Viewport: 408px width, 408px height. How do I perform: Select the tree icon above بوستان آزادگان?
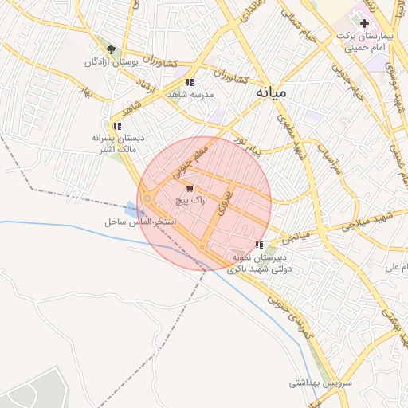111,49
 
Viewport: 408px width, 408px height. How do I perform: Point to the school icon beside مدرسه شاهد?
189,82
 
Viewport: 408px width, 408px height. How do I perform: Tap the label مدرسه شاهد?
190,95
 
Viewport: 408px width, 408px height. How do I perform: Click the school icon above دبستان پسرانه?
117,126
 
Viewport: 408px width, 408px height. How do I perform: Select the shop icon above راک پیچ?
189,189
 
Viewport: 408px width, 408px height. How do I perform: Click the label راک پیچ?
190,202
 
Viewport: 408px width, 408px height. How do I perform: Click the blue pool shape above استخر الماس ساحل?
131,209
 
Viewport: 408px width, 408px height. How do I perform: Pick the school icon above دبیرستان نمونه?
257,245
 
